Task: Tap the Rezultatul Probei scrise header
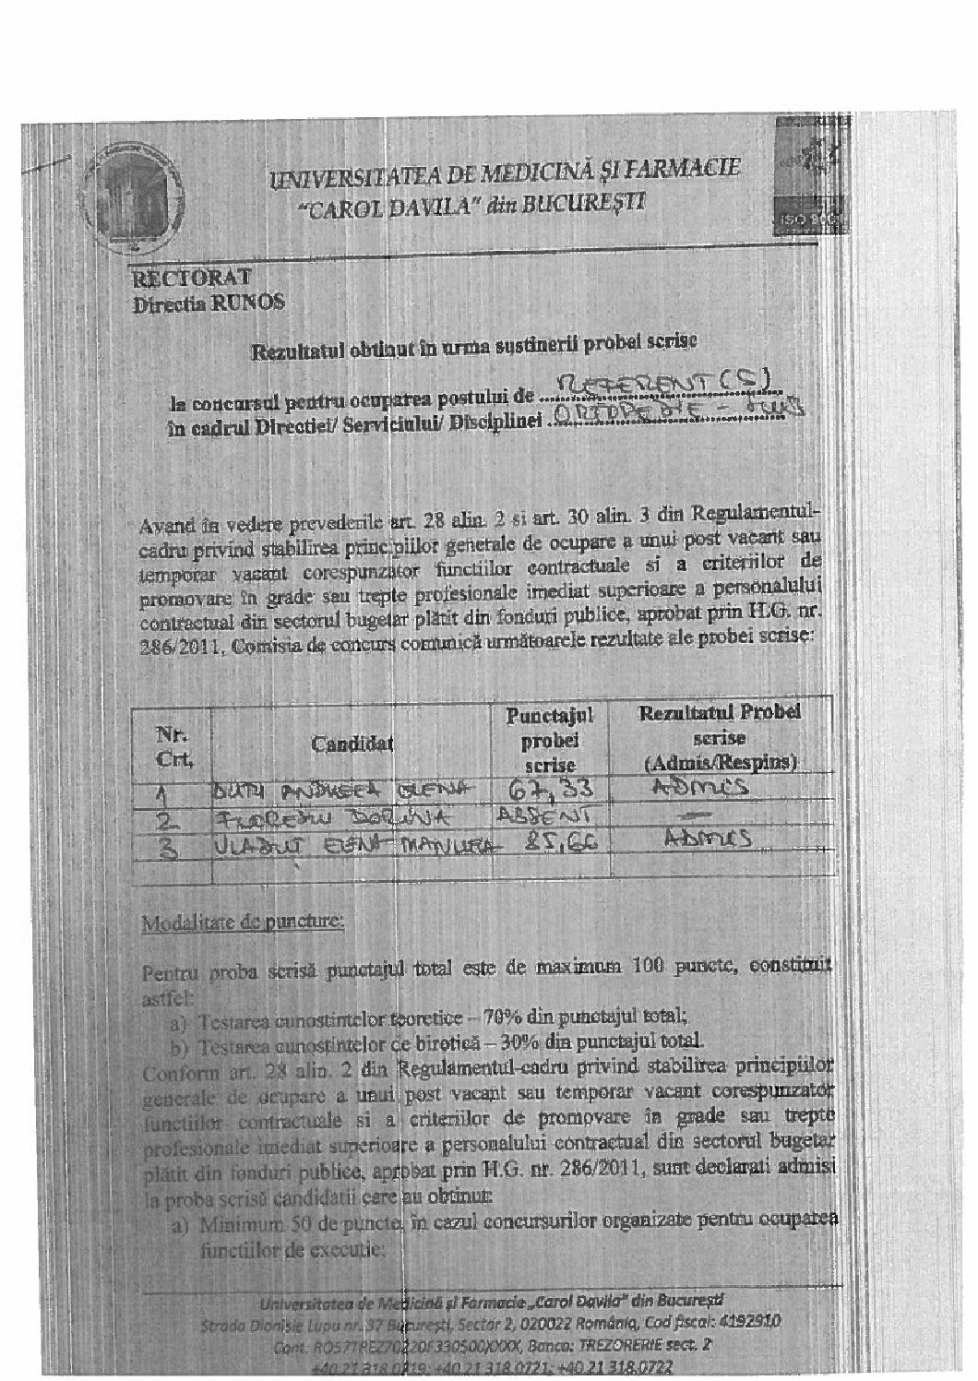(719, 738)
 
